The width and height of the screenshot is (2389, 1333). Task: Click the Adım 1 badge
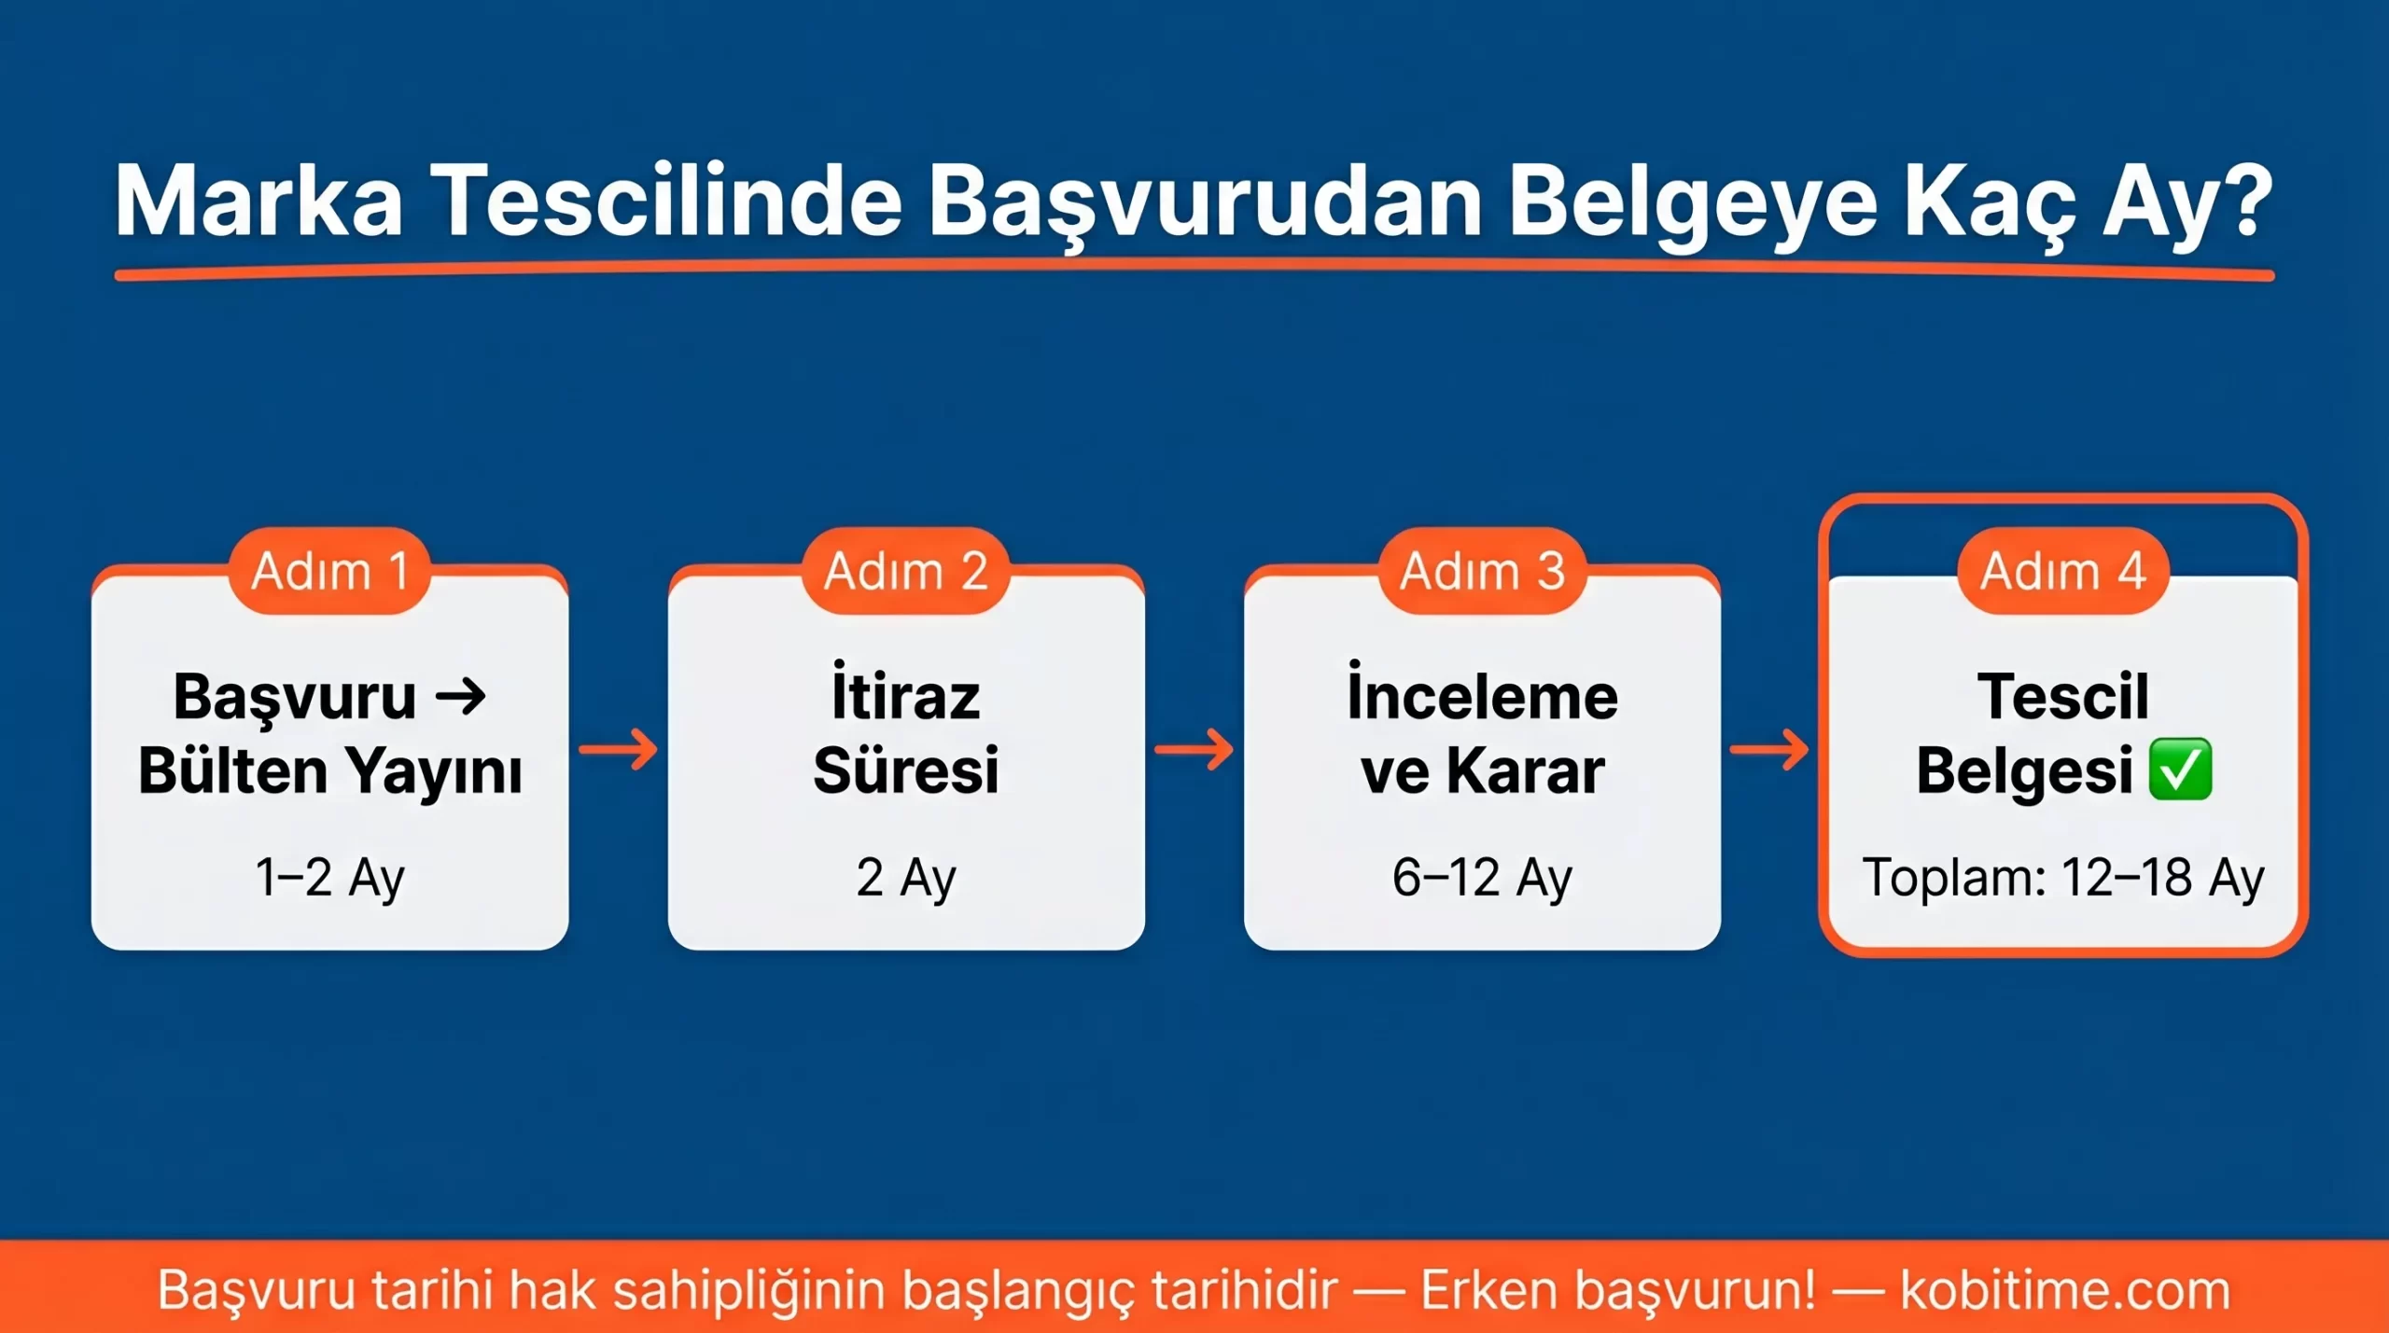pos(329,570)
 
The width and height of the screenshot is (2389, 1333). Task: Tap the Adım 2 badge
pos(906,570)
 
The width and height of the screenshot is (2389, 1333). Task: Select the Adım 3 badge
pos(1482,570)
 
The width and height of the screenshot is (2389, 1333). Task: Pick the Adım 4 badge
pos(2062,570)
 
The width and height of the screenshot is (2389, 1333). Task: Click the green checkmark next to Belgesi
pos(2180,770)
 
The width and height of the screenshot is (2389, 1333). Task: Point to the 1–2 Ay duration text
pos(329,878)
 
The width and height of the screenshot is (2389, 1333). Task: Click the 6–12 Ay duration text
pos(1482,878)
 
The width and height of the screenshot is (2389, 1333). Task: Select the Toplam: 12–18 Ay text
pos(2062,878)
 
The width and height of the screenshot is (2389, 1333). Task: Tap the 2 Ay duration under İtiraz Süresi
pos(906,878)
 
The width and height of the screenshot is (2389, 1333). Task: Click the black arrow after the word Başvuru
pos(462,696)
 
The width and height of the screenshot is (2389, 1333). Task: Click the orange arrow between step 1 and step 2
pos(618,749)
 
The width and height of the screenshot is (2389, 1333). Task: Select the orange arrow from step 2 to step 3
pos(1194,749)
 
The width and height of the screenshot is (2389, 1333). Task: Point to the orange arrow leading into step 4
pos(1769,749)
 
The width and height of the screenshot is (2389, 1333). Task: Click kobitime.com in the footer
pos(2064,1290)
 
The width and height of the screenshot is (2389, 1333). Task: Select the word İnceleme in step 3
pos(1482,697)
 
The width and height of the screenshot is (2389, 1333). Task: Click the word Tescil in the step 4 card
pos(2062,697)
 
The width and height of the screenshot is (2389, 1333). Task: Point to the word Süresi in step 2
pos(906,771)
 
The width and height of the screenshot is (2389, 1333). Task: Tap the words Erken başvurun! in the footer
pos(1618,1290)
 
